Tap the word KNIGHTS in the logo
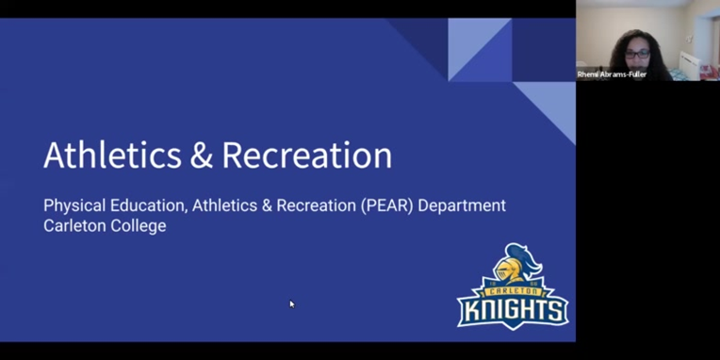(513, 311)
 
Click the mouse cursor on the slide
(291, 303)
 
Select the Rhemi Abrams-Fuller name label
(613, 74)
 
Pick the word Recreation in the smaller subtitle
(317, 205)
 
